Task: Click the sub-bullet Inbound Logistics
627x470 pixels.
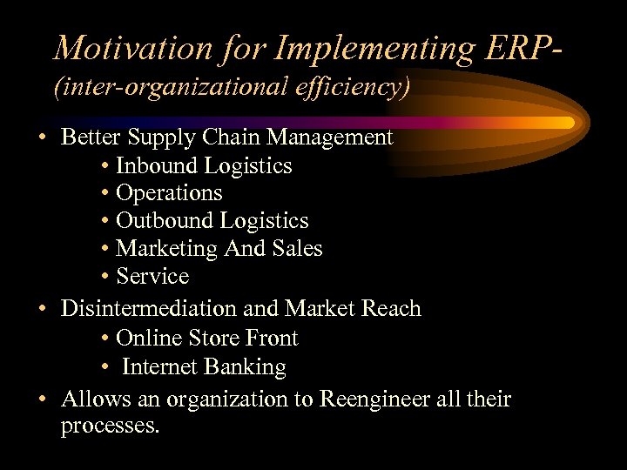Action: [204, 165]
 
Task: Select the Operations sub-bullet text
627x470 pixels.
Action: [169, 193]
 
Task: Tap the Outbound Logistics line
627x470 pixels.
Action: [212, 221]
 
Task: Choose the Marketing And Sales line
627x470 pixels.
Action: [219, 249]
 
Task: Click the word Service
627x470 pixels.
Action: [152, 277]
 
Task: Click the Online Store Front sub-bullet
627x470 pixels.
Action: [206, 338]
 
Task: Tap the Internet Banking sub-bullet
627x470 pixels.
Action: [204, 367]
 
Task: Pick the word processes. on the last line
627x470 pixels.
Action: [111, 426]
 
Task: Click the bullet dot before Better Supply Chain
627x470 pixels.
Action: [42, 138]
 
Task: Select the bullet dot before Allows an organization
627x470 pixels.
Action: [42, 400]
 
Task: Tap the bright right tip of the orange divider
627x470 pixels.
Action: [566, 121]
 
